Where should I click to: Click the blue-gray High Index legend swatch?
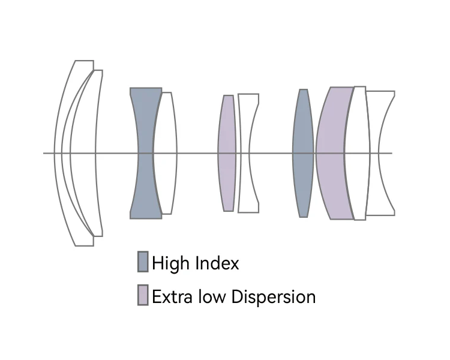(143, 262)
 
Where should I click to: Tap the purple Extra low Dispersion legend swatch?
(143, 295)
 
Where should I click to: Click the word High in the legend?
(169, 263)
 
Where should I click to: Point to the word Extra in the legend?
(170, 296)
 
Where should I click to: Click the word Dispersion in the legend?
(274, 297)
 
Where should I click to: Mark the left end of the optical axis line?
(44, 153)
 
